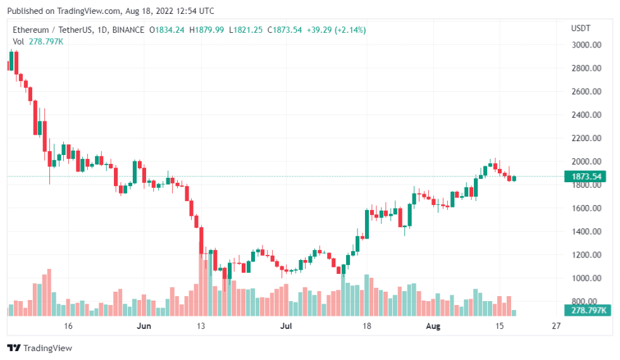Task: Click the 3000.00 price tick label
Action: [585, 45]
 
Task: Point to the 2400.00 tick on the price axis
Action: [585, 115]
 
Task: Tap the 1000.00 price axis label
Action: [585, 278]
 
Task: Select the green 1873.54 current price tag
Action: [585, 177]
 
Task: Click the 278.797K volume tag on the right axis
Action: [585, 310]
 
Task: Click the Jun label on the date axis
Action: [145, 326]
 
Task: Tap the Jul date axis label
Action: [286, 326]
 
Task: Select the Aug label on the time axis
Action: [433, 326]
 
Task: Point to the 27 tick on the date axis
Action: [556, 326]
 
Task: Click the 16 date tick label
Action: [68, 326]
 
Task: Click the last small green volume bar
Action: [514, 313]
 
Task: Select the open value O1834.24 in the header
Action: [166, 30]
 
